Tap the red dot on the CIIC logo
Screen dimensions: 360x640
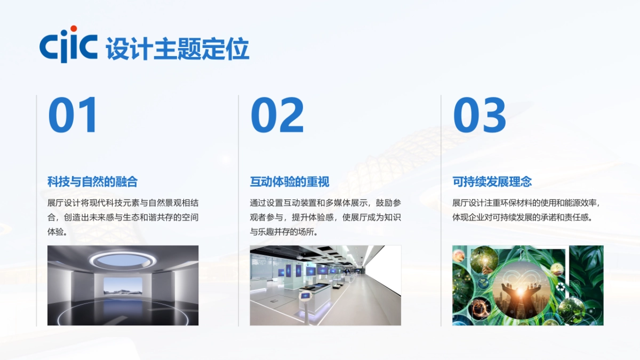74,29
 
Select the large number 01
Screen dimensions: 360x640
73,115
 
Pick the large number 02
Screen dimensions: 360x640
277,115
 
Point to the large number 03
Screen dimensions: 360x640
479,115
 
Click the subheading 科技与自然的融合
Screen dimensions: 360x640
92,182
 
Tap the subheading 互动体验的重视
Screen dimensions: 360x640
290,182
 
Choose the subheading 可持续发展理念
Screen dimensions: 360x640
492,182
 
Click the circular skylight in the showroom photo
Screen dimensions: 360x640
122,260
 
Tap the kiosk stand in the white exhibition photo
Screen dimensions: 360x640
306,299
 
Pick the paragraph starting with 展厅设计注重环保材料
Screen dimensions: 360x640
527,210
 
